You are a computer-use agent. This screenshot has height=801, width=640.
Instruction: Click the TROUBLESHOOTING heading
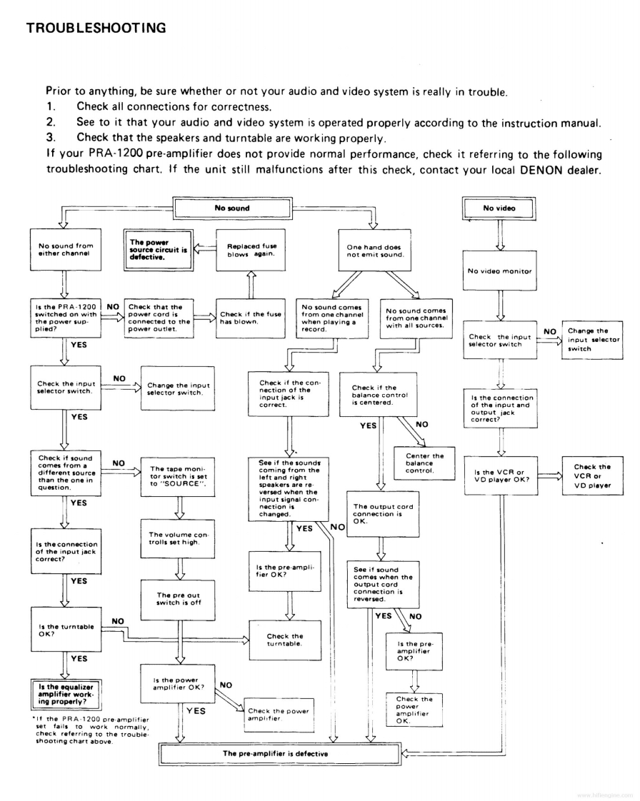click(x=96, y=29)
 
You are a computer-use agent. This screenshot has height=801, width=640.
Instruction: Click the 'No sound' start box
click(x=232, y=208)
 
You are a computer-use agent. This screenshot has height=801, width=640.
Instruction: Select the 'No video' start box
click(x=499, y=208)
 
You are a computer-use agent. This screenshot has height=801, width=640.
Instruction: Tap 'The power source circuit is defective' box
click(x=159, y=250)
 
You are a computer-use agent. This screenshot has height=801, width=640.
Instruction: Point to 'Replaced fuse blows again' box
click(x=250, y=250)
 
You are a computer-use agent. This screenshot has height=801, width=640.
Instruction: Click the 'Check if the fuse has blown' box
click(x=251, y=318)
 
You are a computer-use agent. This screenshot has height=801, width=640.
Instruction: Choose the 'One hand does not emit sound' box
click(x=374, y=251)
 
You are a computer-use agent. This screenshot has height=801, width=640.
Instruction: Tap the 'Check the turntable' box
click(x=284, y=640)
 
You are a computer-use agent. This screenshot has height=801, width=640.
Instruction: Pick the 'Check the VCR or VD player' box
click(x=592, y=477)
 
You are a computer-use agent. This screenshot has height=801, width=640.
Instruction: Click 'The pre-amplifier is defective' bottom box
click(x=276, y=753)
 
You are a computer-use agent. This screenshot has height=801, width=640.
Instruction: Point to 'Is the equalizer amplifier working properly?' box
click(x=66, y=692)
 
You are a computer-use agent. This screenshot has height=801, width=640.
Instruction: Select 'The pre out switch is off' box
click(x=179, y=599)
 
